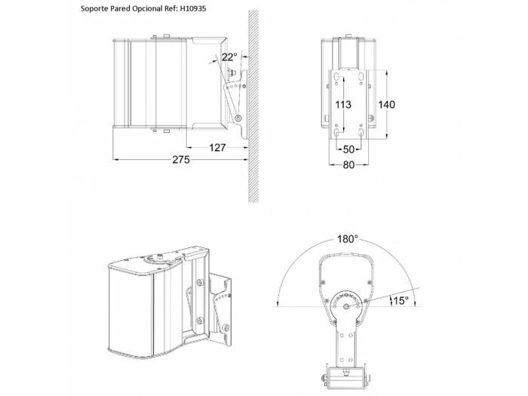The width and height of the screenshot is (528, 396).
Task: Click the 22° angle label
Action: point(229,57)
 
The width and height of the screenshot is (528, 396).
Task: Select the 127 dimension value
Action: point(217,148)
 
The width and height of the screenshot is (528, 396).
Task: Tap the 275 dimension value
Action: point(181,160)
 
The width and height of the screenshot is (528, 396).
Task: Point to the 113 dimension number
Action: point(343,104)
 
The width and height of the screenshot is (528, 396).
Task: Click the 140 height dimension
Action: point(386,104)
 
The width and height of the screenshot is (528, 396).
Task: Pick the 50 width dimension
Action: point(348,149)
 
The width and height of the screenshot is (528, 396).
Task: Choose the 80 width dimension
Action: point(348,164)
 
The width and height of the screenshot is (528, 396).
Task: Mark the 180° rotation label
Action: point(348,239)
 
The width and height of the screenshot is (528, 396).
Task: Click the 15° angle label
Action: point(401,301)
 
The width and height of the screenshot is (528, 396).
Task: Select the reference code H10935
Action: point(192,8)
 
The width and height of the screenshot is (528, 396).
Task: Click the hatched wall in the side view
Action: point(253,106)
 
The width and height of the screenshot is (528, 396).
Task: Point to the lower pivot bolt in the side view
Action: point(238,118)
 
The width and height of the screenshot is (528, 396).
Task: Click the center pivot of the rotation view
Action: point(346,306)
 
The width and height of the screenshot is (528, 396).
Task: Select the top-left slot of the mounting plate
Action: point(336,77)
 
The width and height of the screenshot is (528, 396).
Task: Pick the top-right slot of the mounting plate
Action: point(361,77)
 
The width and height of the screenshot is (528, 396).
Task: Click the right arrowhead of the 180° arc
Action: point(415,303)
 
